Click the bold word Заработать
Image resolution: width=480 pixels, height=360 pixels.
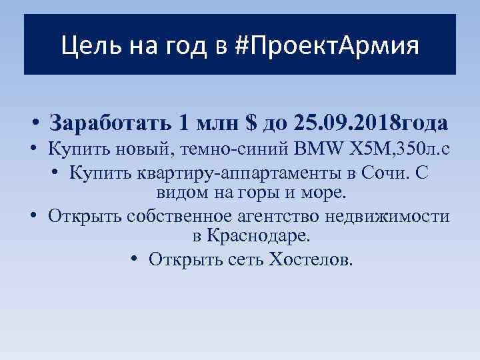coord(111,123)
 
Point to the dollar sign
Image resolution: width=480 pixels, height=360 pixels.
coord(251,123)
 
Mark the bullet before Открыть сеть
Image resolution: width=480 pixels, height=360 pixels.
coord(135,259)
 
